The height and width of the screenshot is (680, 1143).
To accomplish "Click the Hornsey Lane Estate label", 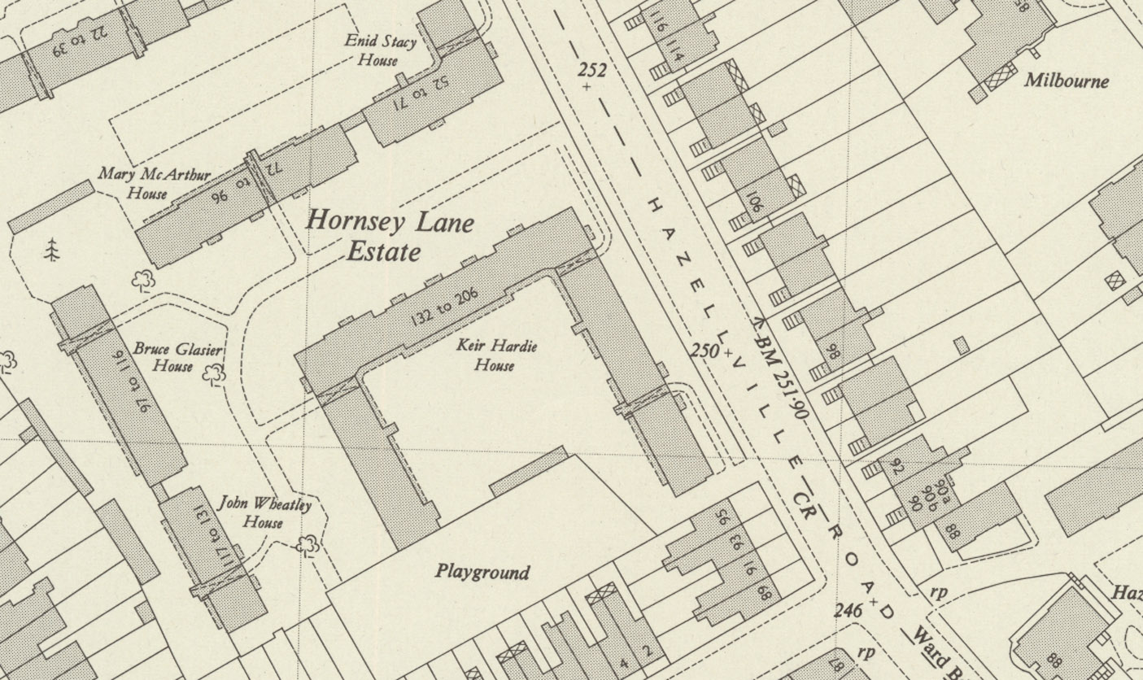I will [389, 236].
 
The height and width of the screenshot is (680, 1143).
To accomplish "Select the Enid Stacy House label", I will [380, 50].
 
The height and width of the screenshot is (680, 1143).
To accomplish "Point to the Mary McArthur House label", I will [154, 183].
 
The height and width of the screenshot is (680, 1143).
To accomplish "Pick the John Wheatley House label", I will [264, 513].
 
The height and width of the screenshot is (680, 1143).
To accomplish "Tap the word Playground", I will [482, 572].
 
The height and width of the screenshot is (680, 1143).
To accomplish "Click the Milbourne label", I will [1066, 81].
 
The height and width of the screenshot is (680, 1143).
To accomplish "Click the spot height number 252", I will [591, 71].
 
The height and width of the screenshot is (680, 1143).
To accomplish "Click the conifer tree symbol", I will [53, 250].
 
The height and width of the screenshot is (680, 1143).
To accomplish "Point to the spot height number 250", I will [705, 351].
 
